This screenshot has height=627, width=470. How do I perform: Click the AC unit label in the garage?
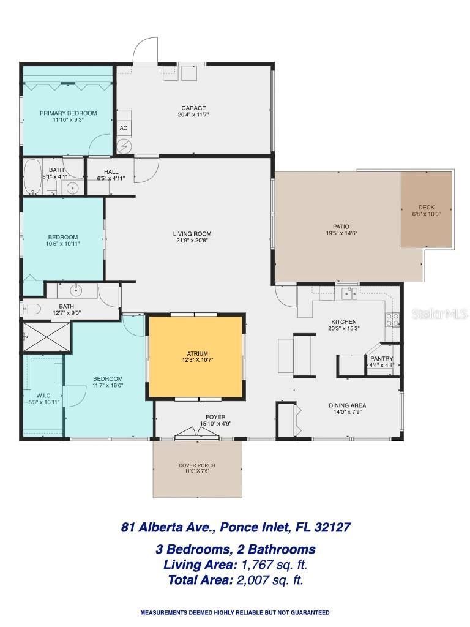pos(123,128)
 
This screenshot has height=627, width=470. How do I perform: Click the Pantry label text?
pos(381,359)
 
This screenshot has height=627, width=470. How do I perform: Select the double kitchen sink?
pos(349,293)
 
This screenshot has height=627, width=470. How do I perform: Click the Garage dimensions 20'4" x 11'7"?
pos(192,115)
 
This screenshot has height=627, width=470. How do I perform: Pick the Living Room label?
pos(192,233)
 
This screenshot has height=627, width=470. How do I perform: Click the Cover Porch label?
pos(196,465)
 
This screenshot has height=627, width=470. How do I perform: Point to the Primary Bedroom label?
pos(68,113)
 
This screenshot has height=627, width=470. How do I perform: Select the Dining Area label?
pos(348,405)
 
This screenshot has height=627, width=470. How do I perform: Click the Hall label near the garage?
pos(111,172)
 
